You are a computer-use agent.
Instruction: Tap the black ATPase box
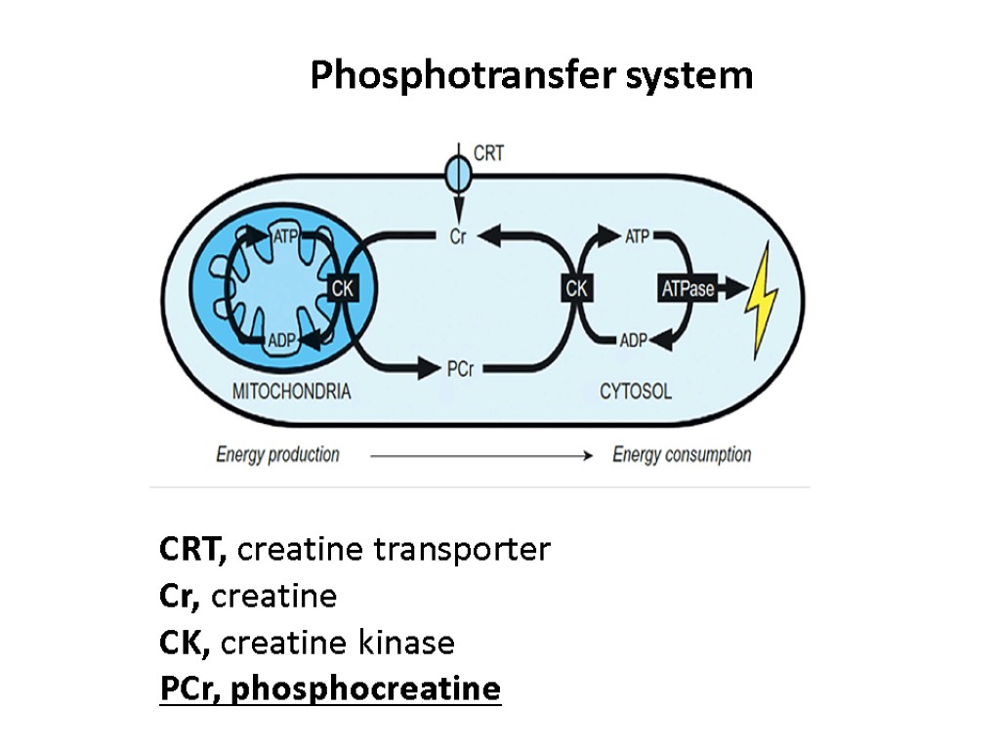(688, 288)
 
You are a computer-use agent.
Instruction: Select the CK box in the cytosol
(576, 288)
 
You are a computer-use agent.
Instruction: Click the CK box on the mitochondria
(342, 288)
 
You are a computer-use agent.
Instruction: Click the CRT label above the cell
(488, 153)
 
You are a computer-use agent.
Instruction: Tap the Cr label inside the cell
(457, 235)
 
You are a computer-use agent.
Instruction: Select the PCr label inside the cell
(460, 369)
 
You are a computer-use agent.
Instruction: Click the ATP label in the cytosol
(637, 235)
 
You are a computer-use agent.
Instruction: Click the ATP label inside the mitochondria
(286, 236)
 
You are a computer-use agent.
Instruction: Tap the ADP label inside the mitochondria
(281, 341)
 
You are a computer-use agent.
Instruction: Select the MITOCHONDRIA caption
(291, 393)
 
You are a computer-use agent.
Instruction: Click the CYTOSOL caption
(636, 393)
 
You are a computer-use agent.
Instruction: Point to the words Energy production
(277, 454)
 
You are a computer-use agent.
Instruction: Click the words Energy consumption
(682, 454)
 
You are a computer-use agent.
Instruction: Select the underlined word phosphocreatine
(366, 688)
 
